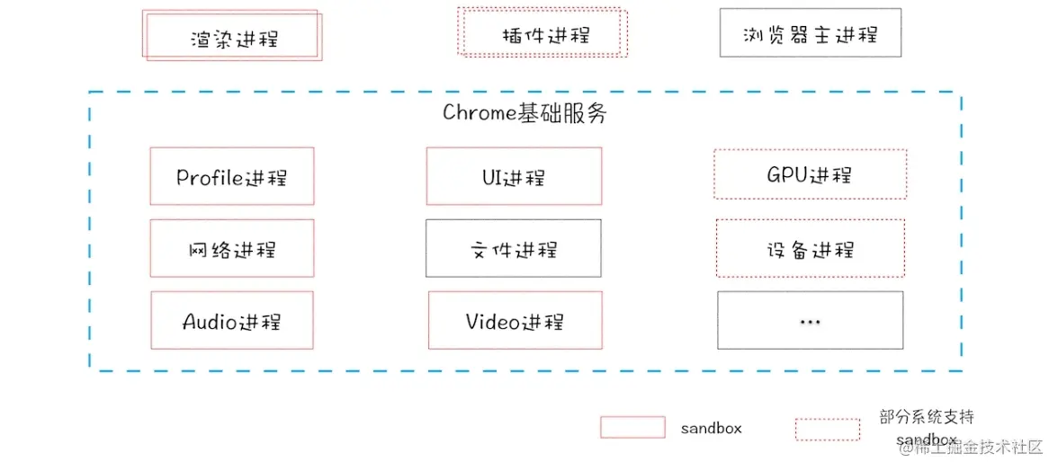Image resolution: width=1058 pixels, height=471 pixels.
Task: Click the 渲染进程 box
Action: click(x=231, y=37)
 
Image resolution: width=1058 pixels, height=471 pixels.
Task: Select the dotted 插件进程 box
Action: click(x=542, y=35)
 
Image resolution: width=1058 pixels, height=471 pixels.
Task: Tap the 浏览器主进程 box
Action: click(x=810, y=34)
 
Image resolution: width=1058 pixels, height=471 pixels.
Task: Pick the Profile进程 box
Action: click(x=232, y=176)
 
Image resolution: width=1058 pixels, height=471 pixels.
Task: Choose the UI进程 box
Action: click(x=514, y=176)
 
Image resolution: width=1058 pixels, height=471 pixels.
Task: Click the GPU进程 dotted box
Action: click(x=810, y=174)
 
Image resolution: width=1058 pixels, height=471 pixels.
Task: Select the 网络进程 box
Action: click(x=232, y=248)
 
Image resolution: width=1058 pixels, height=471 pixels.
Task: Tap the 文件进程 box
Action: click(x=514, y=248)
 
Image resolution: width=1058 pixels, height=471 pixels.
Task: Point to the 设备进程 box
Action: click(x=810, y=248)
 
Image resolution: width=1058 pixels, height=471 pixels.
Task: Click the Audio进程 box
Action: click(x=232, y=320)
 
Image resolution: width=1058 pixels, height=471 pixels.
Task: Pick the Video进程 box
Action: click(x=514, y=320)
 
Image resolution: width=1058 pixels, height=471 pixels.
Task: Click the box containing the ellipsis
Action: click(x=810, y=320)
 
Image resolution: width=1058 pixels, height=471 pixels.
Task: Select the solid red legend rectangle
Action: click(x=632, y=428)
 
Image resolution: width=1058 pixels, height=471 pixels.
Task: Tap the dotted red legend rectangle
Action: click(x=827, y=429)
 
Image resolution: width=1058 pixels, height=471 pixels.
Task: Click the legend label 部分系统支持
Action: click(x=927, y=417)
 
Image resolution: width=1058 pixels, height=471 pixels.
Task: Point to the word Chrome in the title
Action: click(x=478, y=113)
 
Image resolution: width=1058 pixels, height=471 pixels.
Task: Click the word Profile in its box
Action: click(x=210, y=176)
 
